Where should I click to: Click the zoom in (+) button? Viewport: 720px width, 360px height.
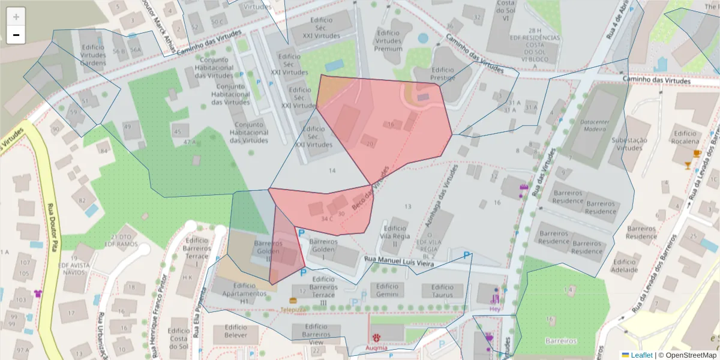(x=16, y=17)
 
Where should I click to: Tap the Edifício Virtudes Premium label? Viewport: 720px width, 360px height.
(x=388, y=41)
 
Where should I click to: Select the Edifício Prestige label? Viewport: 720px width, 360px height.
(x=443, y=74)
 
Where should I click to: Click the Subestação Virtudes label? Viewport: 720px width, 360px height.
(x=629, y=144)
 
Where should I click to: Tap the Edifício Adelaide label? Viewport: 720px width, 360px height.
(x=625, y=266)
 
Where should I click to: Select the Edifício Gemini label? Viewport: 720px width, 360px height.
(x=388, y=290)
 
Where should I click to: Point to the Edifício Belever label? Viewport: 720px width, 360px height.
(x=236, y=331)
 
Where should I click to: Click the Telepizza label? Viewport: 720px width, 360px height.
(x=293, y=310)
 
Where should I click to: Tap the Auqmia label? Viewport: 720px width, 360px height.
(x=377, y=347)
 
